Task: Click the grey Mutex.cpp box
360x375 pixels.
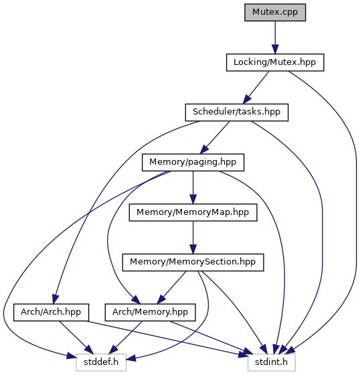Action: (275, 12)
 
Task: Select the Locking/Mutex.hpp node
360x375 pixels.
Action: (275, 62)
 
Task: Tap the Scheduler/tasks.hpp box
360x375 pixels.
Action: (237, 112)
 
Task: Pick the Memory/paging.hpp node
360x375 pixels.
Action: (193, 162)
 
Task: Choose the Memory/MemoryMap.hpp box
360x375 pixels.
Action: (193, 212)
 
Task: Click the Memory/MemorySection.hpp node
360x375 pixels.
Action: (193, 262)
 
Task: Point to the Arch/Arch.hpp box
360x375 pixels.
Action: (51, 312)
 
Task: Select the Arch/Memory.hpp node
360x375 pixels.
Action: (150, 312)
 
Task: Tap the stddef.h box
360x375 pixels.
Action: (101, 362)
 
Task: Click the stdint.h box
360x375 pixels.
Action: (271, 362)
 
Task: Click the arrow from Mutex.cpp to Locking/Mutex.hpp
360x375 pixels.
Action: (275, 37)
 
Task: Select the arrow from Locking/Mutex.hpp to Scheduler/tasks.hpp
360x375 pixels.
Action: (256, 88)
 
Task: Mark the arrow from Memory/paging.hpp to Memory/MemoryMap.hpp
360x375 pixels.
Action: (193, 187)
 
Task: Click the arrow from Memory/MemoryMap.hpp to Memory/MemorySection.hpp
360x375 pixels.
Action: (193, 238)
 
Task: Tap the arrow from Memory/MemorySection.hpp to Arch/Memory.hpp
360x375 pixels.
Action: (171, 288)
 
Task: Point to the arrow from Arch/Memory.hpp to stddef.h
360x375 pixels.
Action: (126, 337)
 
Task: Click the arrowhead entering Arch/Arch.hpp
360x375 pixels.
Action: (55, 300)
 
